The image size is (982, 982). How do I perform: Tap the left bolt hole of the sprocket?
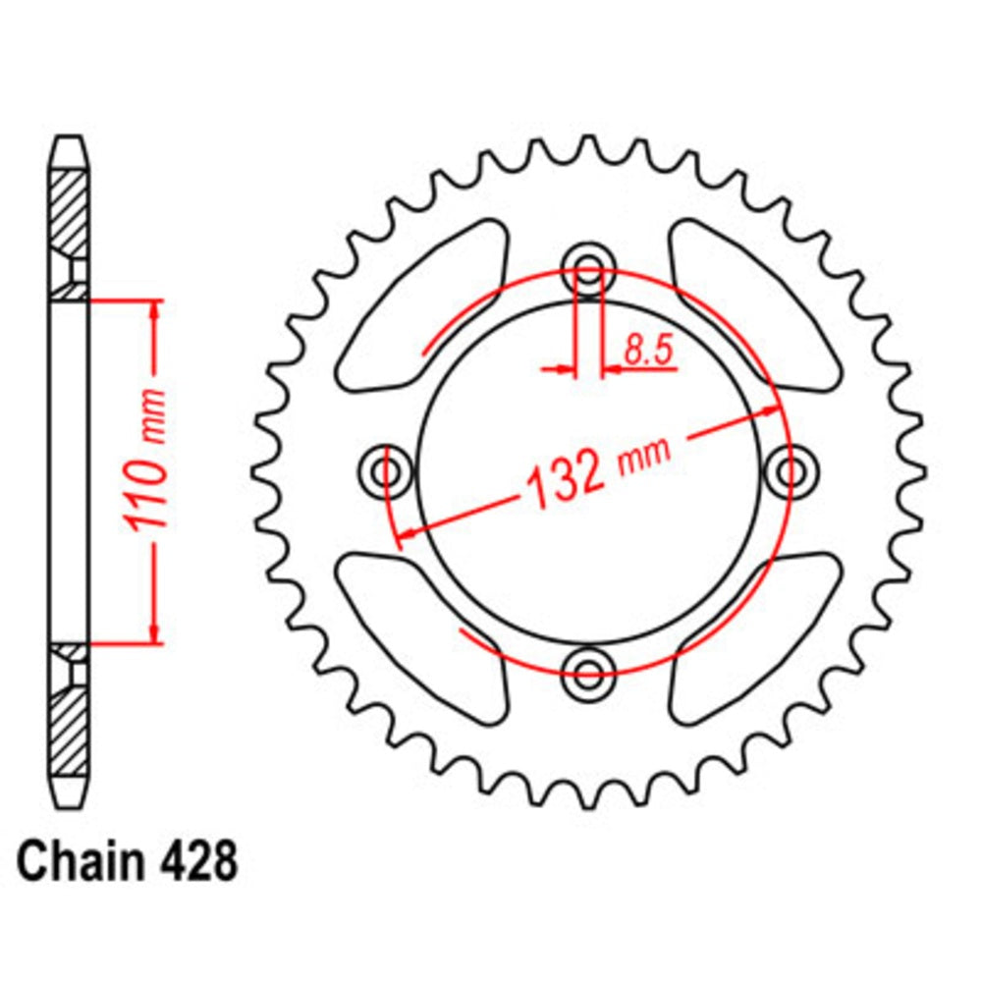coord(385,472)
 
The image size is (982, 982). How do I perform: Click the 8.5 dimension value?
coord(650,350)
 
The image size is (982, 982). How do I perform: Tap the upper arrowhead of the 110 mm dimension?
coord(154,312)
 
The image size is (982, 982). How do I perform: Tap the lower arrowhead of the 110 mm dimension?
coord(154,630)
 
